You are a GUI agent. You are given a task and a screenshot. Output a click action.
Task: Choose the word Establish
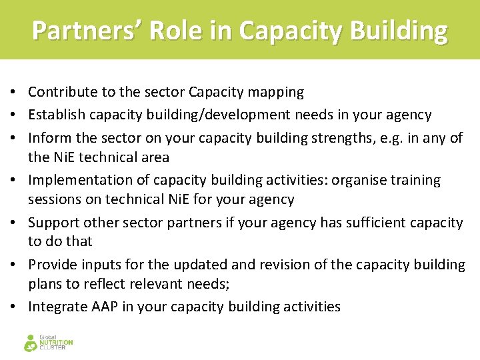[57, 115]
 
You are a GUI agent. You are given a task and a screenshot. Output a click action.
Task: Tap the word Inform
[48, 138]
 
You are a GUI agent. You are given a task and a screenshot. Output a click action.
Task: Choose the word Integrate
[57, 307]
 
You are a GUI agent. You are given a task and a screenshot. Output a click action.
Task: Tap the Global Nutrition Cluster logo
[48, 343]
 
